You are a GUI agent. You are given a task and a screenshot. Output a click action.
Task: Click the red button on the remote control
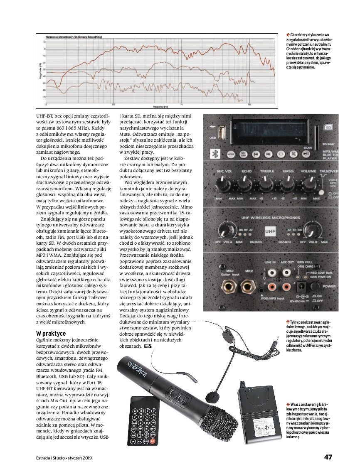coord(153,440)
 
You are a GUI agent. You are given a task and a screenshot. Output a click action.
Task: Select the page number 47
coord(328,457)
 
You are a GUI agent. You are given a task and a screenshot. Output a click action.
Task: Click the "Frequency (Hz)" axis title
coord(160,106)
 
